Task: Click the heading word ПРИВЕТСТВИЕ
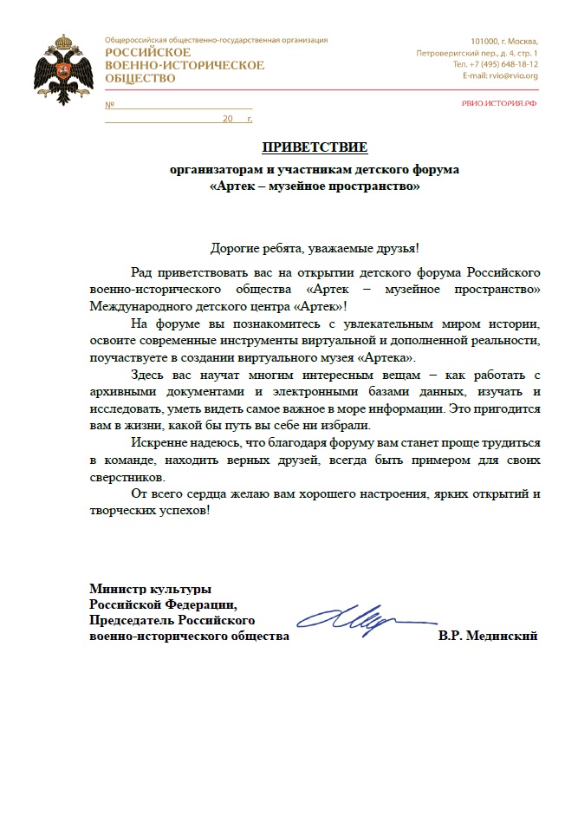[315, 146]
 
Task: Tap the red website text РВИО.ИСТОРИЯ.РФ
[499, 103]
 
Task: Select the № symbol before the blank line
[110, 105]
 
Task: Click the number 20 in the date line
[228, 118]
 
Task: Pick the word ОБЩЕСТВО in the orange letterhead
[140, 78]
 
